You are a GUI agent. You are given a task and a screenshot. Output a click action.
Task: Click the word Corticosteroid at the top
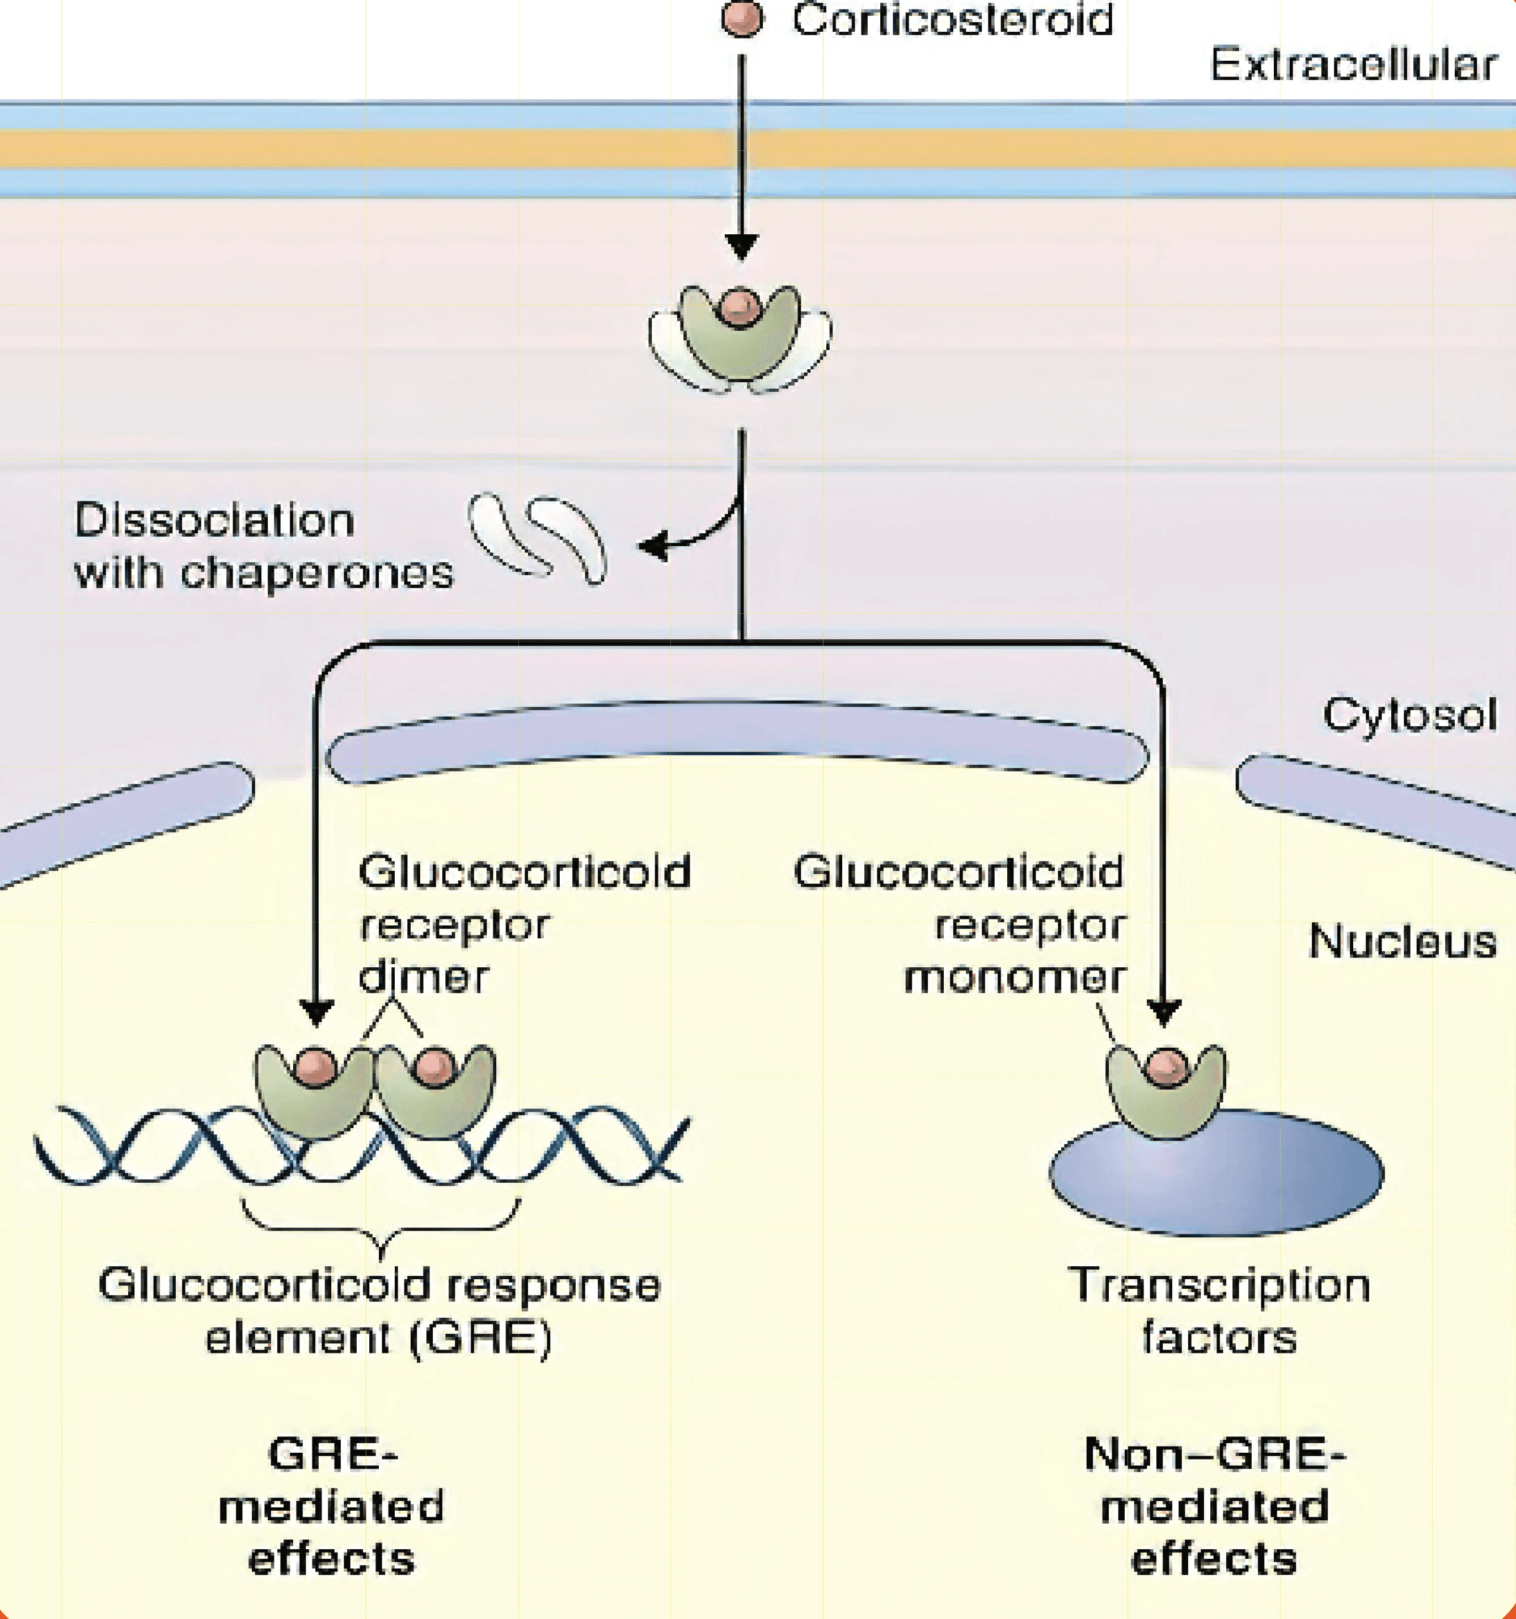tap(953, 20)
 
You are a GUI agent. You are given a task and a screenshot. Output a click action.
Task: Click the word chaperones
tap(316, 574)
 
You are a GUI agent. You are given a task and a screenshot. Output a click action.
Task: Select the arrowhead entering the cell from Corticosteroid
tap(742, 245)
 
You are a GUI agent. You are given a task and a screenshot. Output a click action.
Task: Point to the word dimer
tap(423, 976)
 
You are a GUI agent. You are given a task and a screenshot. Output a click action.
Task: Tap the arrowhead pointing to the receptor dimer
tap(316, 1012)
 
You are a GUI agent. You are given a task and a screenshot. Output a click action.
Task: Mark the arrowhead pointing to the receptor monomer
tap(1164, 1012)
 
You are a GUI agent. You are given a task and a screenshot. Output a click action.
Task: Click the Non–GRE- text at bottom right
tap(1215, 1454)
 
